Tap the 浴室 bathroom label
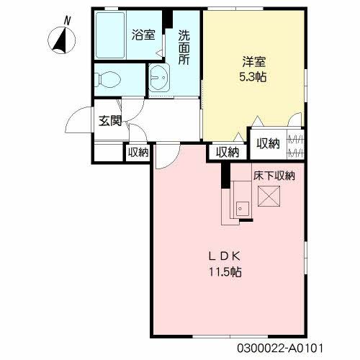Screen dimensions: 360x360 (x=143, y=34)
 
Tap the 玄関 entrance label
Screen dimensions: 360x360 (x=110, y=121)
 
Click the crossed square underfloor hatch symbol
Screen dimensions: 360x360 (x=269, y=196)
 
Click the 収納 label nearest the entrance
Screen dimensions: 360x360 (x=138, y=152)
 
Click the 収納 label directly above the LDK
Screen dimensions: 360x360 (x=227, y=152)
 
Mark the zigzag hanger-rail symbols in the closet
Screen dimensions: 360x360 (x=296, y=146)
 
